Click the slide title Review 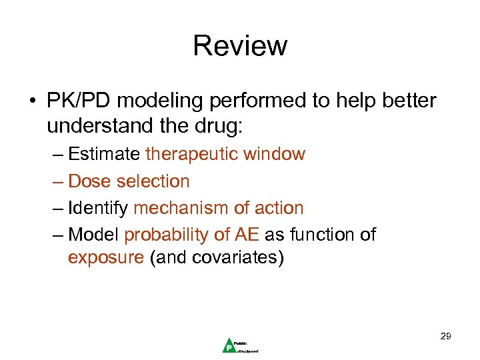pos(240,46)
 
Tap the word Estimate pos(104,154)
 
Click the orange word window pos(274,154)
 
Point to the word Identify pos(99,208)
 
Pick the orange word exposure pos(105,258)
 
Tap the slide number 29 pos(445,336)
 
